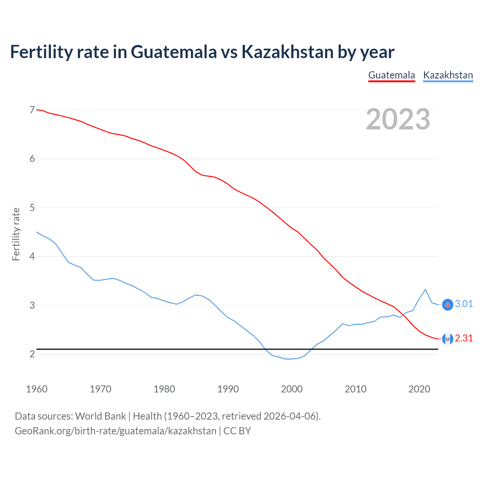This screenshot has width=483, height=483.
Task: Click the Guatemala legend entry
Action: pyautogui.click(x=391, y=75)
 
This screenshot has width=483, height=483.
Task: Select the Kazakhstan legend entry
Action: pyautogui.click(x=448, y=75)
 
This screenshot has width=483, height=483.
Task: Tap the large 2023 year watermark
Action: pyautogui.click(x=398, y=119)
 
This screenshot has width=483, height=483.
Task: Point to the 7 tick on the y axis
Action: pyautogui.click(x=32, y=110)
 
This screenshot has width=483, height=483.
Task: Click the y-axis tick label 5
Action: pyautogui.click(x=32, y=208)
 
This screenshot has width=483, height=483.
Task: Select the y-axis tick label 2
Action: pyautogui.click(x=32, y=354)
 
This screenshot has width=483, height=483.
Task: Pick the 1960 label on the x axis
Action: pyautogui.click(x=37, y=389)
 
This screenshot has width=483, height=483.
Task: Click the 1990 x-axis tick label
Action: pyautogui.click(x=228, y=389)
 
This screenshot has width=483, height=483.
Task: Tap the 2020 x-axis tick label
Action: pyautogui.click(x=419, y=389)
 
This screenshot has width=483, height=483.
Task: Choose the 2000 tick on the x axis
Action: pyautogui.click(x=292, y=389)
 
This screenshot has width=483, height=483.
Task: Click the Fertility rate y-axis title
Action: pyautogui.click(x=16, y=234)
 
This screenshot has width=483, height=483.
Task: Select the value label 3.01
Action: pyautogui.click(x=464, y=304)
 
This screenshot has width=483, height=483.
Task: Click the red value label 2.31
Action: pyautogui.click(x=464, y=338)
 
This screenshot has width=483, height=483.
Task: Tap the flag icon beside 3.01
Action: pyautogui.click(x=448, y=305)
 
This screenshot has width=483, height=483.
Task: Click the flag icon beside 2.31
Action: pyautogui.click(x=448, y=339)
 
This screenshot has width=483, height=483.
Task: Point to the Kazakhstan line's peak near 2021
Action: pyautogui.click(x=426, y=289)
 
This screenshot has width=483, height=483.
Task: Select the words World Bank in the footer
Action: pyautogui.click(x=100, y=416)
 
